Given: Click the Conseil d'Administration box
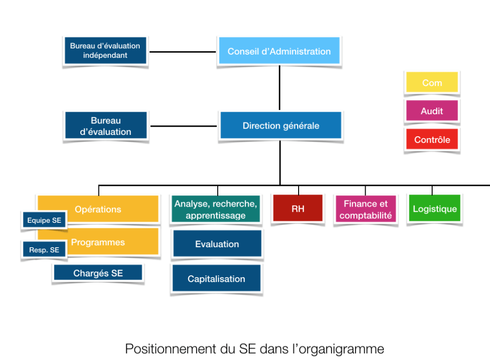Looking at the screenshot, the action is point(279,51).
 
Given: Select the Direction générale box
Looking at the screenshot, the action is point(280,125).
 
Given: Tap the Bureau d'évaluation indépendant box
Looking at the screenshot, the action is point(105,50).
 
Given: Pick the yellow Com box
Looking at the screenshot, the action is point(432,82).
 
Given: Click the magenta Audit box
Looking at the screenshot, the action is point(432,110).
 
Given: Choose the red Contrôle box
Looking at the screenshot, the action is point(432,139).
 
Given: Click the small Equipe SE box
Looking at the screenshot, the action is point(44,220).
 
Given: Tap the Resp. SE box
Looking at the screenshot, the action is point(44,250).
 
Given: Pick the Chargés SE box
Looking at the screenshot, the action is point(98,273).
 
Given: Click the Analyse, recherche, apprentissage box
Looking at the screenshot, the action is point(216,209).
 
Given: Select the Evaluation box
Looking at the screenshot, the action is point(217,243).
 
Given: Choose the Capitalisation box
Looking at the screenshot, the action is point(216,278).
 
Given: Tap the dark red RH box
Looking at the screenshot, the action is point(298,208).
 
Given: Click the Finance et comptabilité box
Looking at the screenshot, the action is point(366,209).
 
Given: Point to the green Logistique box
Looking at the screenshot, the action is point(434,208).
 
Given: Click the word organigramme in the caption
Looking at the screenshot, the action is point(341,349).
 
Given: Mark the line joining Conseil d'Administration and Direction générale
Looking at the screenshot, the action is point(279,87).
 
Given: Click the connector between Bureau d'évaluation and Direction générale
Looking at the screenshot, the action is point(184,126).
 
